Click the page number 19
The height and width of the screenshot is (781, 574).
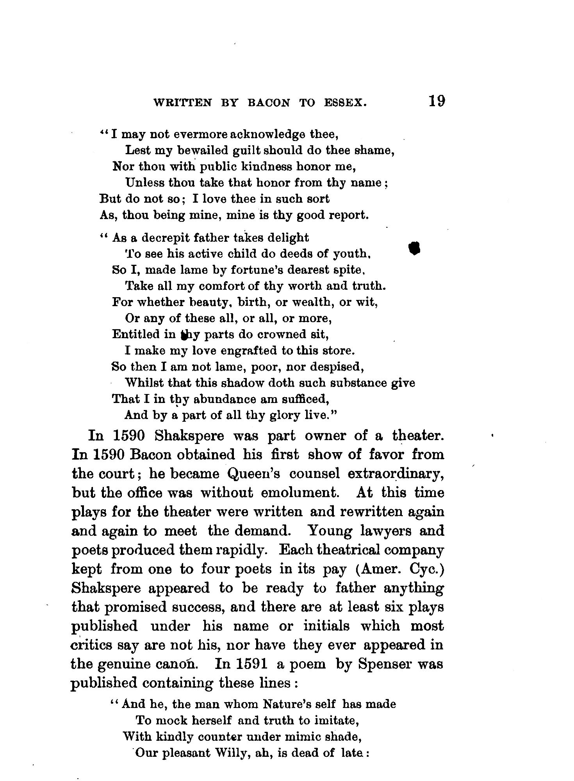(436, 101)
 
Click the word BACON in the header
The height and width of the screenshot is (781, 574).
(269, 103)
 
